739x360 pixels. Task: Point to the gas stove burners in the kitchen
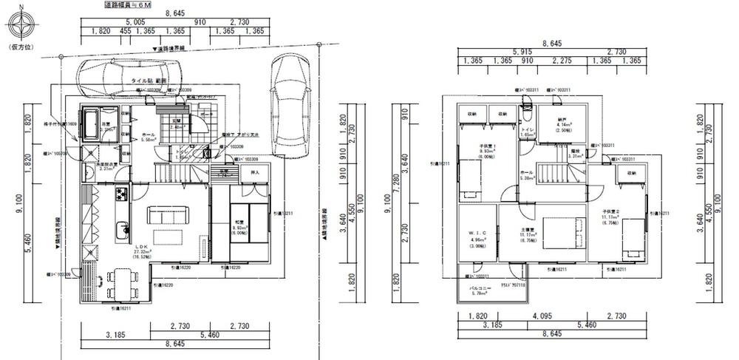[121, 194]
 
